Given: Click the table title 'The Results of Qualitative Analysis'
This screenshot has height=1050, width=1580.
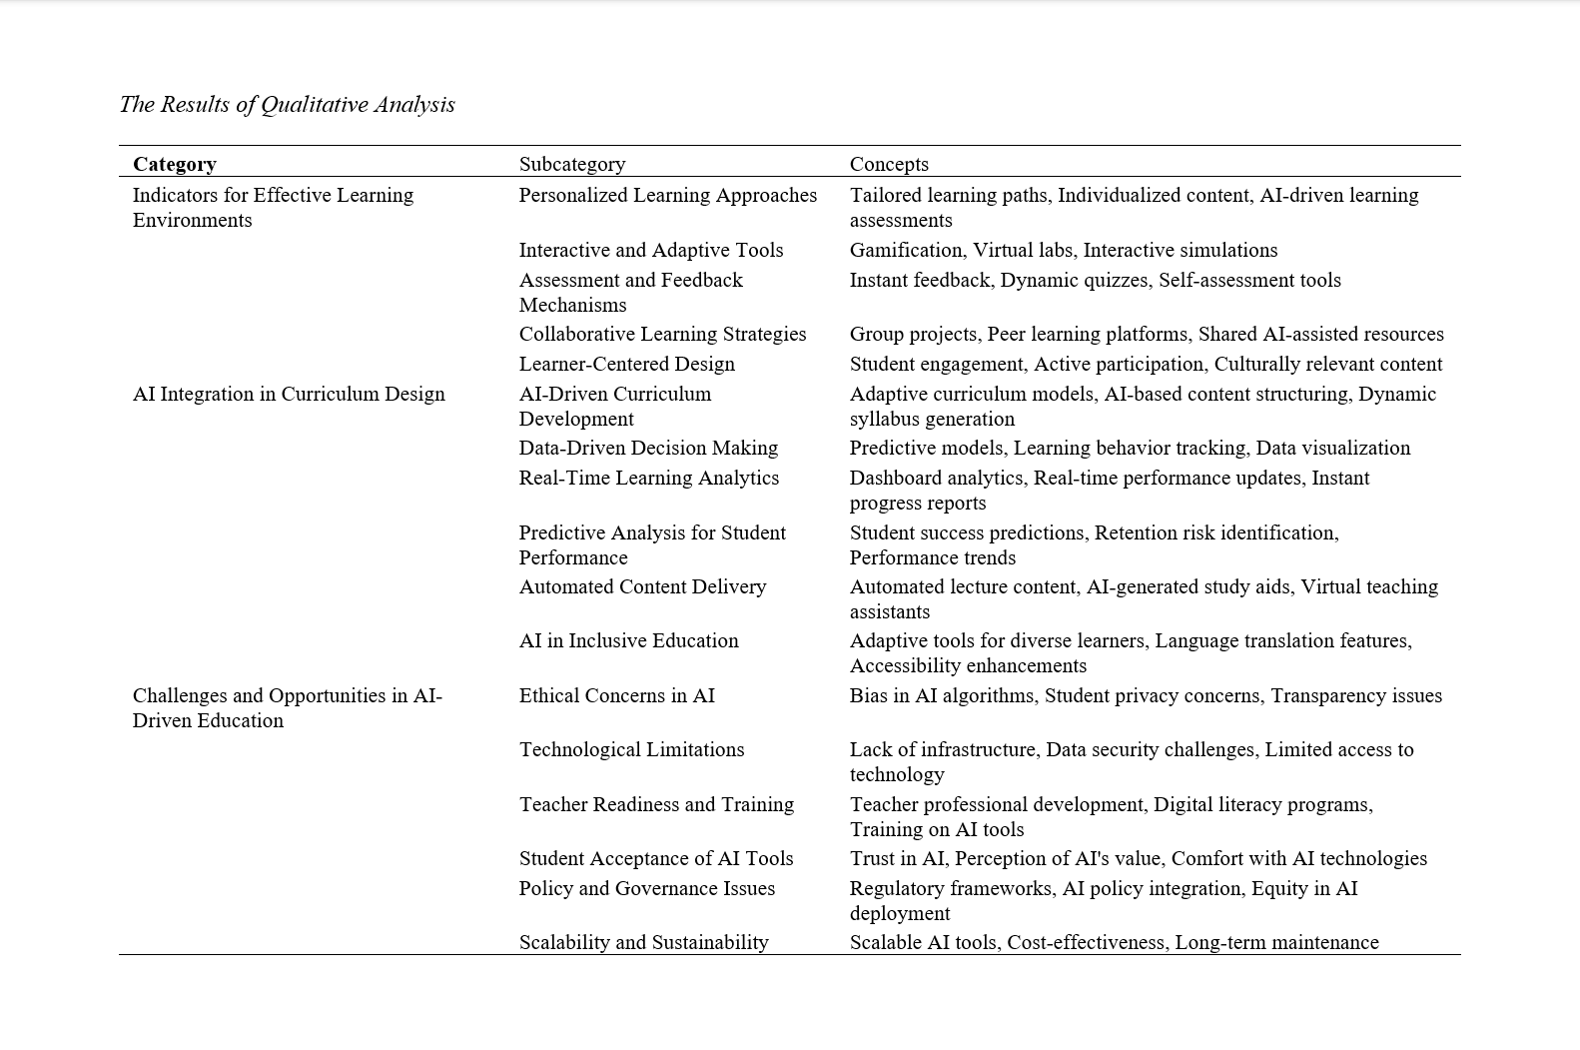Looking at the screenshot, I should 287,105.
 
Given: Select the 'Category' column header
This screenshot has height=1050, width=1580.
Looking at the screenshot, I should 175,164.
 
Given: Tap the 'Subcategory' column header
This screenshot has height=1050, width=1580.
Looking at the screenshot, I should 572,164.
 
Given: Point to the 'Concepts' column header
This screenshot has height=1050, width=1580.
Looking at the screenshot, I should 889,164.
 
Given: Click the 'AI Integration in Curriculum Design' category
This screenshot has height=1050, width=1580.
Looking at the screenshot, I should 289,394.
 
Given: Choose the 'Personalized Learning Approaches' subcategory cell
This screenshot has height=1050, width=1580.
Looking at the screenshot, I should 667,195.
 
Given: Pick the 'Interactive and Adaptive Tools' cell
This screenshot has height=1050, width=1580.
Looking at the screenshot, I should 650,250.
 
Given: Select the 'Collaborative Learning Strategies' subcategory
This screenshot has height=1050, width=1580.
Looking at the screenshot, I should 662,334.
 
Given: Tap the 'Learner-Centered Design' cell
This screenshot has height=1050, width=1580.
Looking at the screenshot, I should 626,364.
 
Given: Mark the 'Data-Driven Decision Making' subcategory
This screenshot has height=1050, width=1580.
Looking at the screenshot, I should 648,448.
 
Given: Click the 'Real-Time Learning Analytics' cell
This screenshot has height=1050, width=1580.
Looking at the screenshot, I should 648,478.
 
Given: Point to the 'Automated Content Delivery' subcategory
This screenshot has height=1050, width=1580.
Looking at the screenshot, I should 642,586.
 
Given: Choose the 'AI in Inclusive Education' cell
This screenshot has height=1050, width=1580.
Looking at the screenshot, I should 628,640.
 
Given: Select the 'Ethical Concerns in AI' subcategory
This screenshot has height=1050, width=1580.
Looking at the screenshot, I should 616,695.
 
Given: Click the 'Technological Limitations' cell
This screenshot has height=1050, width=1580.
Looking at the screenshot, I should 631,749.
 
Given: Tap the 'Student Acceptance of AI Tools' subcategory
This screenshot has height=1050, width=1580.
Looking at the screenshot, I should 655,858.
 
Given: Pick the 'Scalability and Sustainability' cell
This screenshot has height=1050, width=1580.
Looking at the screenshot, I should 643,942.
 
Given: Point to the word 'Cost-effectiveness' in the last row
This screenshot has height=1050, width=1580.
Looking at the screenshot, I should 1085,942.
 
